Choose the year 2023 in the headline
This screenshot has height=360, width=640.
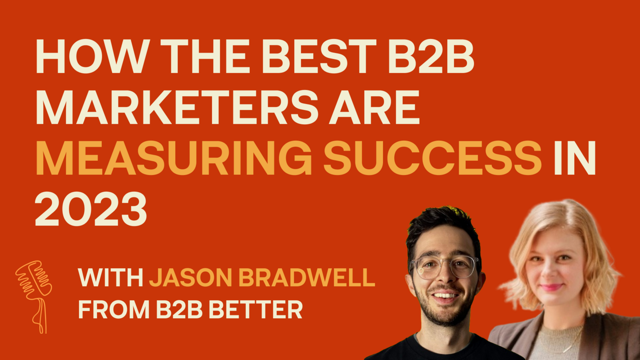click(x=91, y=209)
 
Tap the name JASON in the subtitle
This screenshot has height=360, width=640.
click(x=191, y=278)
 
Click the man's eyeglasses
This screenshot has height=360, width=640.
click(x=443, y=267)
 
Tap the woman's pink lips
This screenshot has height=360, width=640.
click(x=551, y=287)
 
